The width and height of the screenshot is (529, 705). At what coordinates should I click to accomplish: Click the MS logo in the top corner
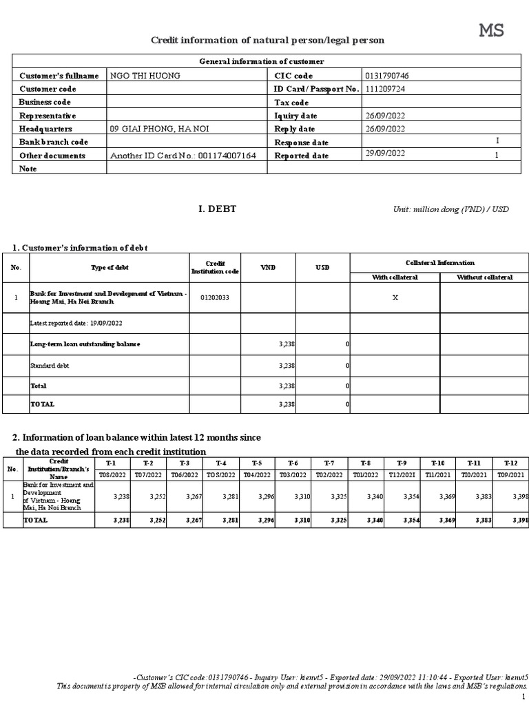491,30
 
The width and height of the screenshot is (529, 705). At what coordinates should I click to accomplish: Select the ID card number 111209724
386,89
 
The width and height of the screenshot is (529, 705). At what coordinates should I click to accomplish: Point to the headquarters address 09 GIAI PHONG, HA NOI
160,129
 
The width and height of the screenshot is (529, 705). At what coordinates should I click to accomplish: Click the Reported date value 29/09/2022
386,154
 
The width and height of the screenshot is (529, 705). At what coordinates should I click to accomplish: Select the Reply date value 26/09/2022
386,129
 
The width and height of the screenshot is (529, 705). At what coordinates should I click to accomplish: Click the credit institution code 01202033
216,297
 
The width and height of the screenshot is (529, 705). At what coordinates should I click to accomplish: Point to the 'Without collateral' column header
484,277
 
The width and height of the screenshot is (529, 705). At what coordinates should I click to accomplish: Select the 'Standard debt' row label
50,366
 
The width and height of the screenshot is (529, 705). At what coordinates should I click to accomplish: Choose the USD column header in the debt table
322,267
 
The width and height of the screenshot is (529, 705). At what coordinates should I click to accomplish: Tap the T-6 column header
293,463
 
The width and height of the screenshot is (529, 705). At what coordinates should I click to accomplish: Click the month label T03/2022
293,475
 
